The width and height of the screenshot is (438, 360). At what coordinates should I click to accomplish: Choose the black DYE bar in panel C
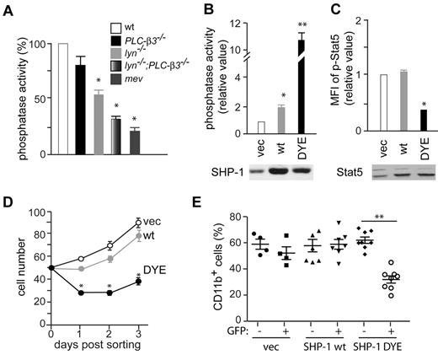tap(418, 121)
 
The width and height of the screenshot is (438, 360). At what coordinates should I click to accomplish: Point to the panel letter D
tap(7, 201)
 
